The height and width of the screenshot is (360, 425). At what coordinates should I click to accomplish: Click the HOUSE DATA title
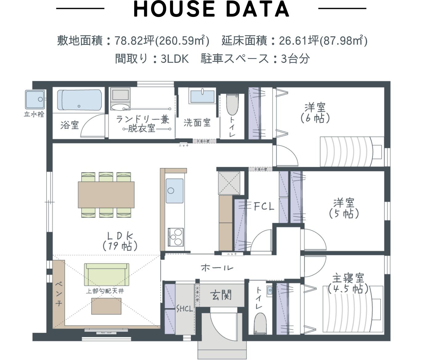point(211,10)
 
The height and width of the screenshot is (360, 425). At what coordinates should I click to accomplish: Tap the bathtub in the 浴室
point(80,100)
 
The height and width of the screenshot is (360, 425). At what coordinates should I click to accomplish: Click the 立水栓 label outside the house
point(34,114)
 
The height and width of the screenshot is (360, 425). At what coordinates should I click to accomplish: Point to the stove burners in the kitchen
point(175,237)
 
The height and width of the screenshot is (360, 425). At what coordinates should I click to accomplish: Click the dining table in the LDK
point(106,195)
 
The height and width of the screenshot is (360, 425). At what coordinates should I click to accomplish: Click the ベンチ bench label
point(59,294)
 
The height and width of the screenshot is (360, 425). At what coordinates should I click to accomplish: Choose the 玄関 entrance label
point(221,295)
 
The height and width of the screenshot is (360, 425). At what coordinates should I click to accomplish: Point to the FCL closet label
point(264,206)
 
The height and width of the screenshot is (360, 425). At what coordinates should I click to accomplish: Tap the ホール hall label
point(217,268)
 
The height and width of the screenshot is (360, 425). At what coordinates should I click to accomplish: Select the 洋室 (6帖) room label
point(315,113)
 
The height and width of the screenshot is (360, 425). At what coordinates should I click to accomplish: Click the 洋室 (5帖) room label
point(344,208)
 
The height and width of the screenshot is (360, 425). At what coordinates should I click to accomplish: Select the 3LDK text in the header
point(175,58)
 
